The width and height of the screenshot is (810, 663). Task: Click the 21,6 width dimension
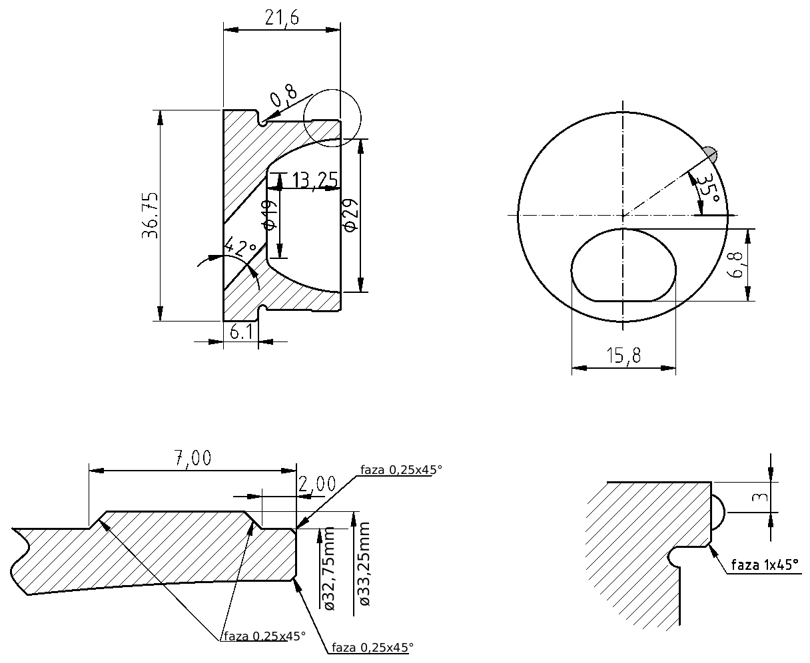pyautogui.click(x=282, y=17)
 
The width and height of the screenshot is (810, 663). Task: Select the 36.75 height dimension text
pyautogui.click(x=150, y=216)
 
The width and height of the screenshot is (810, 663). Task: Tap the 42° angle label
pyautogui.click(x=240, y=246)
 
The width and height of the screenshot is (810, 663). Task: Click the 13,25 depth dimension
pyautogui.click(x=315, y=180)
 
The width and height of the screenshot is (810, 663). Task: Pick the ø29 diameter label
pyautogui.click(x=350, y=216)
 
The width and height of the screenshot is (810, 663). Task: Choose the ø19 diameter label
pyautogui.click(x=270, y=215)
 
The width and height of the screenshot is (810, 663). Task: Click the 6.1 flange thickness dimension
pyautogui.click(x=241, y=331)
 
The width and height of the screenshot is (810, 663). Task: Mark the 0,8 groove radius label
pyautogui.click(x=284, y=95)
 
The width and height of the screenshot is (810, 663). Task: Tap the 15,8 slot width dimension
pyautogui.click(x=623, y=355)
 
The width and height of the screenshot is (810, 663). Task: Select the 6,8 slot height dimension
pyautogui.click(x=735, y=265)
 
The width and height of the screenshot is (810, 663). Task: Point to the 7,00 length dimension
pyautogui.click(x=193, y=458)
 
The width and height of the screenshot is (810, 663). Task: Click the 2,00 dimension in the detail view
pyautogui.click(x=317, y=484)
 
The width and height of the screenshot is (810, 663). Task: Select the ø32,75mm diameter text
pyautogui.click(x=327, y=569)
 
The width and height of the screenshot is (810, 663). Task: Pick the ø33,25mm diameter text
pyautogui.click(x=362, y=564)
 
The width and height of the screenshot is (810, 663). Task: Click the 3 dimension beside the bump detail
pyautogui.click(x=759, y=497)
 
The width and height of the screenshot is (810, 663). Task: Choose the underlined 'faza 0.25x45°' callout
pyautogui.click(x=264, y=636)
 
